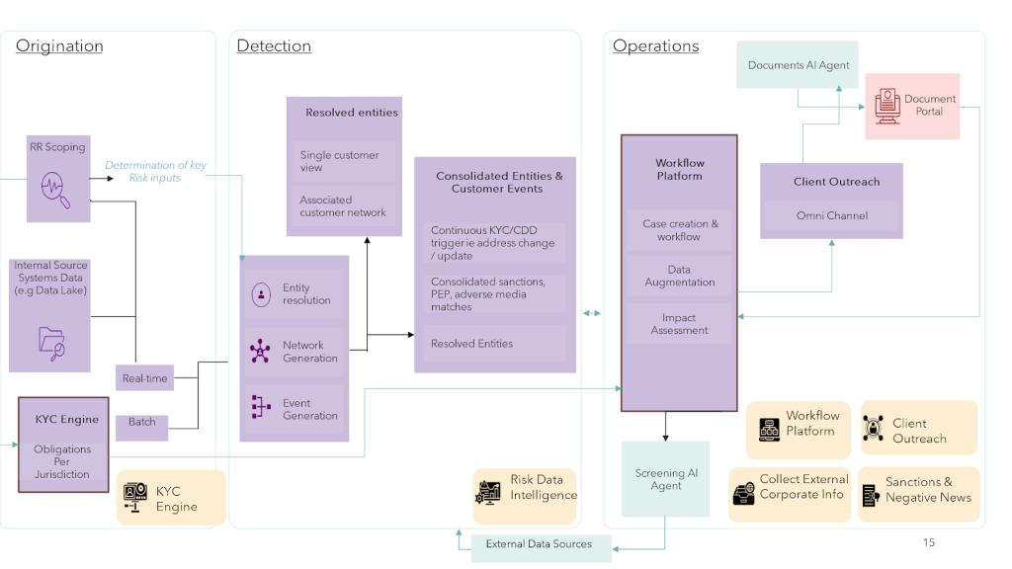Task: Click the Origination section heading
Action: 59,46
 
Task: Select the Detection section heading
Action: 274,46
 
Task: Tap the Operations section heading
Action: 655,46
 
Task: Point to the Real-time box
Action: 145,378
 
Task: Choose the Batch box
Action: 142,422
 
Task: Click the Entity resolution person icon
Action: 261,294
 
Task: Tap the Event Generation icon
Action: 261,408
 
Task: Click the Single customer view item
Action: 339,161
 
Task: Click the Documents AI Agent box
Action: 799,65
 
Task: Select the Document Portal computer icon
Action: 885,105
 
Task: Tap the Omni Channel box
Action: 831,215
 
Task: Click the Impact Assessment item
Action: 679,324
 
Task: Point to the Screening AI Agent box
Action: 665,479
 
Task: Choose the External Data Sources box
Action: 539,544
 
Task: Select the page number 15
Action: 928,542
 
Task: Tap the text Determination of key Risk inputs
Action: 155,171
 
